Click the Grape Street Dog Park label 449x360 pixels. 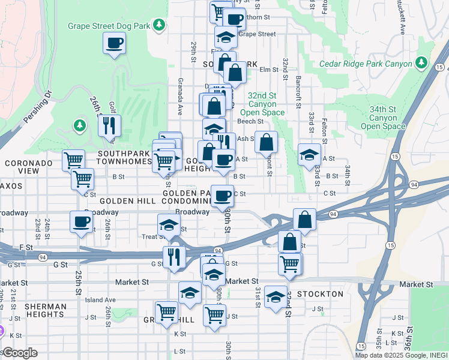[x=109, y=26]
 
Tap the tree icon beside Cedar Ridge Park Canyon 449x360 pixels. [x=421, y=63]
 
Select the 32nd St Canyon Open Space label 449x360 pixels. [x=262, y=104]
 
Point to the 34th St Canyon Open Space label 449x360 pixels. [x=384, y=118]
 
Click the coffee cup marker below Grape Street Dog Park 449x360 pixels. [x=114, y=43]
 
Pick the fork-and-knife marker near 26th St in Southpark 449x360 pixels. [x=109, y=126]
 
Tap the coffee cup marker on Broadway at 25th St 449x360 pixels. [x=81, y=222]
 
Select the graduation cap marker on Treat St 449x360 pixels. [x=169, y=225]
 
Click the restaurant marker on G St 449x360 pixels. [x=174, y=257]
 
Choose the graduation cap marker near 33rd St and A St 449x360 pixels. [x=309, y=155]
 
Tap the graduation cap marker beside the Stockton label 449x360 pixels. [x=276, y=296]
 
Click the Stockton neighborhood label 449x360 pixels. [x=320, y=294]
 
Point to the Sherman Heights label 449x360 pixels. [x=46, y=310]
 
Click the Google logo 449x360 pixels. [x=20, y=352]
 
